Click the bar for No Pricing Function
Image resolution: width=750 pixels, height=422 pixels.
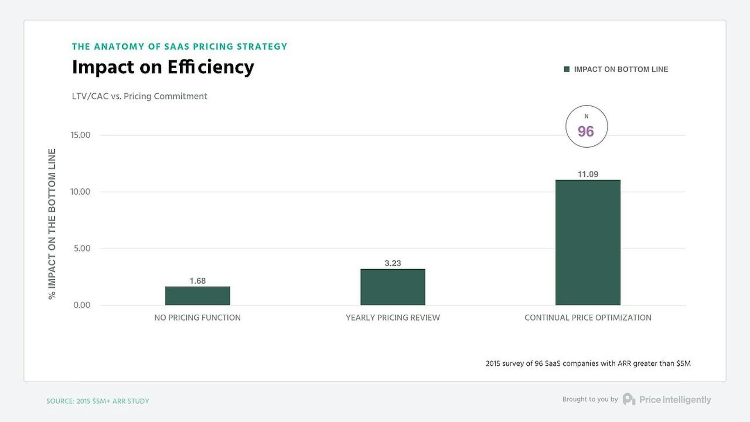[x=197, y=296]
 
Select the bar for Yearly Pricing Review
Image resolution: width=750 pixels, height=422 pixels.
[x=393, y=287]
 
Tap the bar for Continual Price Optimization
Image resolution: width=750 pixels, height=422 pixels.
[x=587, y=242]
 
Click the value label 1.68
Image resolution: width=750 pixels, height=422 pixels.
[x=197, y=281]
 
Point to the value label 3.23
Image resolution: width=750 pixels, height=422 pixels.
[x=393, y=263]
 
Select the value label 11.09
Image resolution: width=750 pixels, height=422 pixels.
[x=587, y=174]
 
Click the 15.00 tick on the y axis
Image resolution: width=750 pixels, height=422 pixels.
[x=80, y=135]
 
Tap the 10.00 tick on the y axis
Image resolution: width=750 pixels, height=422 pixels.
[x=80, y=192]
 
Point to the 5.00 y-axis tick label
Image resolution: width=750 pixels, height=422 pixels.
[x=82, y=249]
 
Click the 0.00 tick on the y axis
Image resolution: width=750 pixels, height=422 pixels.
[x=82, y=305]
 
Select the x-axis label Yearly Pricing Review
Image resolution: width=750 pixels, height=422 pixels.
[x=393, y=318]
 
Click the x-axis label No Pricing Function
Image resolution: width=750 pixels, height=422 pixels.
[x=197, y=318]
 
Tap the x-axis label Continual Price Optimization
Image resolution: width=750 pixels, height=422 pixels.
[x=587, y=318]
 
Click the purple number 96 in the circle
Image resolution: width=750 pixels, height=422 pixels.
[x=586, y=132]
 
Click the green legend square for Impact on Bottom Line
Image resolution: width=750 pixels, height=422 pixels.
[x=567, y=69]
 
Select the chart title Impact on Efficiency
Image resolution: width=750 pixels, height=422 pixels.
[x=163, y=67]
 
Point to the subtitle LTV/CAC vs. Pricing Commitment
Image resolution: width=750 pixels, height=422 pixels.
[x=139, y=96]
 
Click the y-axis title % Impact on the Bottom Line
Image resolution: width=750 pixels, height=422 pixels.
[x=52, y=224]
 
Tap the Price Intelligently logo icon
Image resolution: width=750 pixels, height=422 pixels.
[x=629, y=399]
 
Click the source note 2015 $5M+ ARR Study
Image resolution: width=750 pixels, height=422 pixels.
[x=98, y=401]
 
